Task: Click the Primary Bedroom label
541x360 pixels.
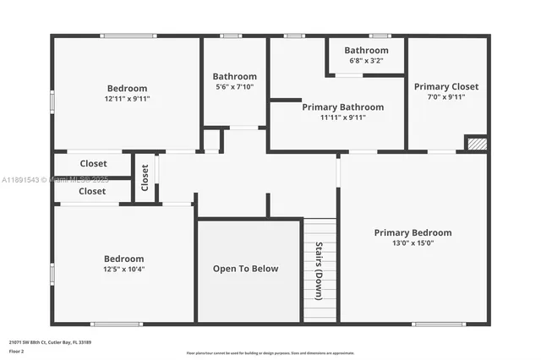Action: (x=413, y=232)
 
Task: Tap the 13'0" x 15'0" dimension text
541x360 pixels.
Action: (x=413, y=243)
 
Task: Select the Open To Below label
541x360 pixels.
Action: (x=245, y=269)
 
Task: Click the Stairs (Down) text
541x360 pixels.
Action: (x=319, y=271)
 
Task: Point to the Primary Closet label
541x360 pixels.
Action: (x=445, y=86)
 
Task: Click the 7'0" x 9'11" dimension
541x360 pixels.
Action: (x=445, y=97)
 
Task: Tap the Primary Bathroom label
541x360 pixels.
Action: (x=342, y=107)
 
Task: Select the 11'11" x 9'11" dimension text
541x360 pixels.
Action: (x=342, y=117)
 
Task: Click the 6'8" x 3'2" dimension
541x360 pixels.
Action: (x=365, y=61)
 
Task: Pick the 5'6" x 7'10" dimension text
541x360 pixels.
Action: (x=234, y=87)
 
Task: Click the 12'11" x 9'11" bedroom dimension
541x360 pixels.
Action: (x=127, y=99)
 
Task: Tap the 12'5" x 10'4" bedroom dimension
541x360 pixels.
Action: (x=123, y=270)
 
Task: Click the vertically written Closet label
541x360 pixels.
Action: (x=145, y=177)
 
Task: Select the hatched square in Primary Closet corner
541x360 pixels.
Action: (x=477, y=144)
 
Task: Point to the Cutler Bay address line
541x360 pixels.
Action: (x=50, y=341)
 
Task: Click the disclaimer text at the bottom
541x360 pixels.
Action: (x=270, y=352)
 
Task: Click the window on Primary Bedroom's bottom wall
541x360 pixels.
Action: (x=438, y=324)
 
